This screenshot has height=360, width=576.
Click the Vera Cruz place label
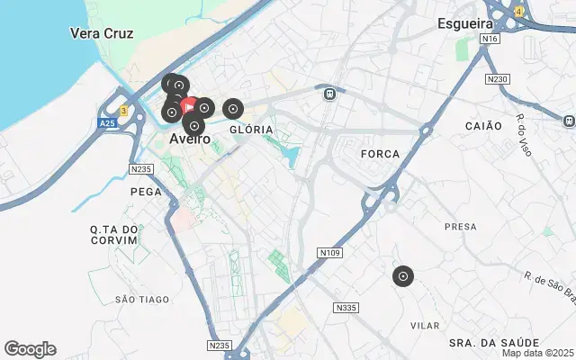pyautogui.click(x=102, y=33)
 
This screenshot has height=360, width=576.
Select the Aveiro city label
pyautogui.click(x=190, y=139)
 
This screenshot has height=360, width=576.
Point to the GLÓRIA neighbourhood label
pyautogui.click(x=251, y=130)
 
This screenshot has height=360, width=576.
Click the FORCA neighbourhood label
pyautogui.click(x=379, y=154)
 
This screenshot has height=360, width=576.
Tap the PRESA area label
pyautogui.click(x=460, y=227)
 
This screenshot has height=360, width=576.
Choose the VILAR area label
pyautogui.click(x=426, y=324)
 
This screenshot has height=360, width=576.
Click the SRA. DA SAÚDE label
pyautogui.click(x=494, y=343)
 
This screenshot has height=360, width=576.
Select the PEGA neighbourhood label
pyautogui.click(x=145, y=192)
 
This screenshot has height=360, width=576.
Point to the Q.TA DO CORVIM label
pyautogui.click(x=114, y=235)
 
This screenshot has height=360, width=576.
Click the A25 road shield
pyautogui.click(x=107, y=122)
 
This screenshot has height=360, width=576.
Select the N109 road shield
pyautogui.click(x=330, y=254)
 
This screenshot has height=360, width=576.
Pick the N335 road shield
pyautogui.click(x=345, y=308)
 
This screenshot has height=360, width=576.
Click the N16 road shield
pyautogui.click(x=490, y=40)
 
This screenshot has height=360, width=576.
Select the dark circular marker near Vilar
pyautogui.click(x=403, y=276)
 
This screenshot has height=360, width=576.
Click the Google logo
pyautogui.click(x=30, y=349)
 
